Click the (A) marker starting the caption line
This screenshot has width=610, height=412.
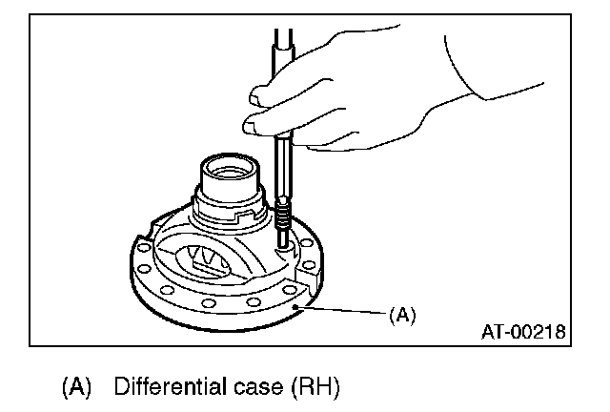(x=75, y=387)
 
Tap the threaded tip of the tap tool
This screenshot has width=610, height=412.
(x=283, y=225)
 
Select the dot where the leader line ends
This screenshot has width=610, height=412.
(x=298, y=306)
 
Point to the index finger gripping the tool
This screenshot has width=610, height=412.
(x=267, y=93)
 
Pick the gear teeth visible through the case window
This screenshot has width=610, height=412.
(x=204, y=257)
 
